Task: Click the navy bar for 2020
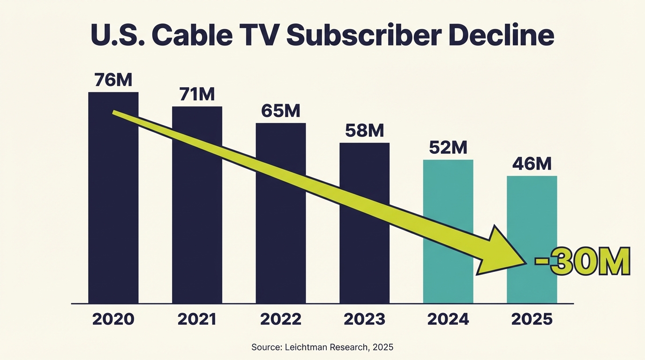tap(113, 211)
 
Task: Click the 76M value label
tap(113, 80)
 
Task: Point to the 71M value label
tap(197, 95)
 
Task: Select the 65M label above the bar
tap(280, 111)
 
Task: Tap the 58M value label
tap(364, 131)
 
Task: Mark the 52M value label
tap(448, 148)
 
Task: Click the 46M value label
tap(532, 164)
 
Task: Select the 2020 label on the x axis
tap(113, 319)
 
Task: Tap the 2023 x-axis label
tap(364, 319)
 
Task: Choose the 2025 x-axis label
tap(532, 319)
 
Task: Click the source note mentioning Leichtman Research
tap(322, 347)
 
